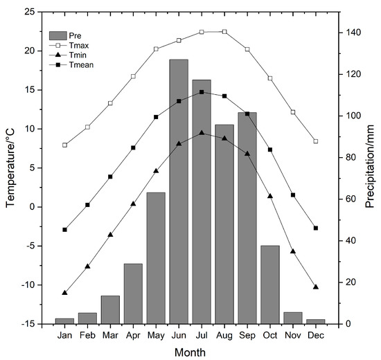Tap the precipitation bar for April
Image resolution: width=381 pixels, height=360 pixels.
pyautogui.click(x=133, y=294)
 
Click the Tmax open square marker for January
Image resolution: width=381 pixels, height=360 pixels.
pyautogui.click(x=65, y=145)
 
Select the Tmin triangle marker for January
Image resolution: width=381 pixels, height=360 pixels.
pyautogui.click(x=65, y=293)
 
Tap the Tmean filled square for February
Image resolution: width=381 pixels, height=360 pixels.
pyautogui.click(x=87, y=205)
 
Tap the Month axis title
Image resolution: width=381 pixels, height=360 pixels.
pyautogui.click(x=189, y=352)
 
